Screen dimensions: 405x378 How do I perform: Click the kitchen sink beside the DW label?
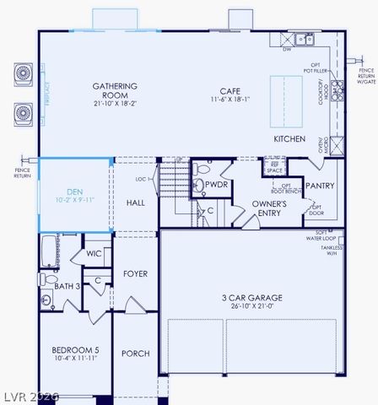pos(304,39)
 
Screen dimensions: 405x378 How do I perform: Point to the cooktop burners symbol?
pos(337,88)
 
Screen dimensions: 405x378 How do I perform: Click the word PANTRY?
pos(320,186)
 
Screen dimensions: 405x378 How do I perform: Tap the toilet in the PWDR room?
pos(199,169)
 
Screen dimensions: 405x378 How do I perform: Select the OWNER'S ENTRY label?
pos(270,208)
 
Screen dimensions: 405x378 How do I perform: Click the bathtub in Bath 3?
pos(49,255)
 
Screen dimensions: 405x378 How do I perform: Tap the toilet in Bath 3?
pos(47,279)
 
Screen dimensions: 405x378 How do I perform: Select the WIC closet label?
pos(94,254)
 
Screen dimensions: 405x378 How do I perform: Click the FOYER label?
pos(135,274)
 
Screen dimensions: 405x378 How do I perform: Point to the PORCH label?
pos(135,354)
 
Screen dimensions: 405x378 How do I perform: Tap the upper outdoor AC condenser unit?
pos(20,75)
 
